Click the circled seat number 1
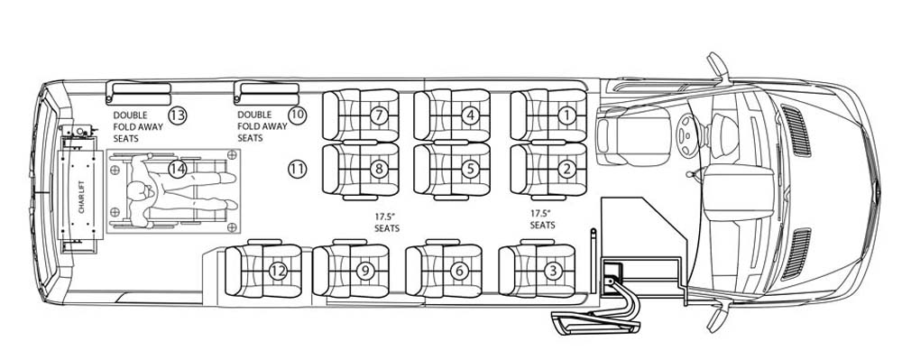567,115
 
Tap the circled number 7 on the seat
379,115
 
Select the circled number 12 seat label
279,271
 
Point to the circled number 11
297,169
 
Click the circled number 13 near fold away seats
178,115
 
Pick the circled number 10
297,115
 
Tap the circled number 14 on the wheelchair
178,169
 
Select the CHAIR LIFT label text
81,196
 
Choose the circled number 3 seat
552,271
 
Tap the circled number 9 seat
366,271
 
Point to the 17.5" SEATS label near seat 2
542,219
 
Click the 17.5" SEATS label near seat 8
387,223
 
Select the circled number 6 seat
459,271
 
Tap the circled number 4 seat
471,115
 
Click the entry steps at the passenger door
596,320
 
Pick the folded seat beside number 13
139,93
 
